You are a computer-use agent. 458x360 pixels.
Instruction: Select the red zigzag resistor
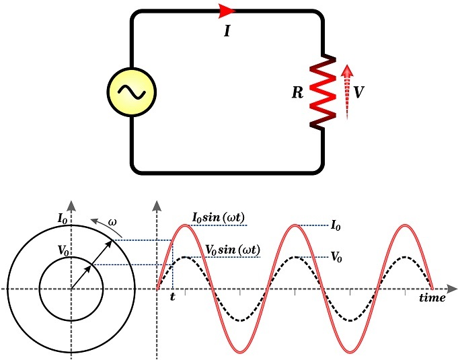pyautogui.click(x=321, y=92)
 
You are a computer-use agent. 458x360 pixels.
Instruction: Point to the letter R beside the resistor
pyautogui.click(x=297, y=93)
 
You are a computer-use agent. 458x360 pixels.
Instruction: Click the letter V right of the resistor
pyautogui.click(x=359, y=93)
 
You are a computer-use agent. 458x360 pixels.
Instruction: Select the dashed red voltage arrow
pyautogui.click(x=346, y=92)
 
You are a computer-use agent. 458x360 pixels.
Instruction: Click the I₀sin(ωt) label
pyautogui.click(x=219, y=218)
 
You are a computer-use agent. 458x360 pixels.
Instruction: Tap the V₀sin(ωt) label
pyautogui.click(x=233, y=250)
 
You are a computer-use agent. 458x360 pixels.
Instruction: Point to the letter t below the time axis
pyautogui.click(x=172, y=297)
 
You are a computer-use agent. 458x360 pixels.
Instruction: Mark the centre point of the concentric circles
pyautogui.click(x=71, y=289)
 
